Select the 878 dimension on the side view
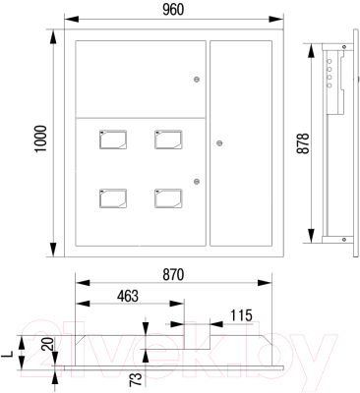(303, 143)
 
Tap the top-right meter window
(166, 140)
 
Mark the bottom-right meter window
(166, 196)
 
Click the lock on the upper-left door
(197, 80)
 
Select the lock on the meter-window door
(197, 180)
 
